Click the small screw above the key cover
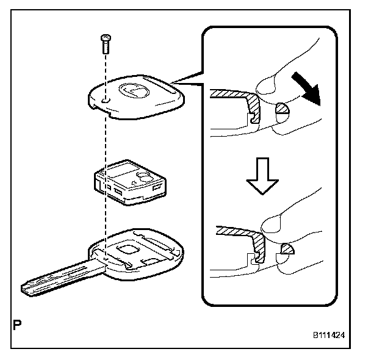[x=104, y=41]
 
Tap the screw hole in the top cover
[x=106, y=98]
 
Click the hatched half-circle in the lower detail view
[x=286, y=250]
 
